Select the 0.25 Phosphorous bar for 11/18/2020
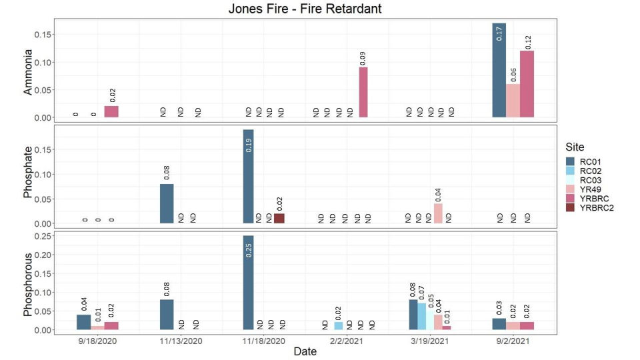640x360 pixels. tap(248, 283)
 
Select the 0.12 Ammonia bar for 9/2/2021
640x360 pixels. tap(527, 84)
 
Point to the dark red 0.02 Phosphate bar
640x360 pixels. tap(279, 218)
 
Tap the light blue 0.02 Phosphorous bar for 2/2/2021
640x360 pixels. tap(339, 325)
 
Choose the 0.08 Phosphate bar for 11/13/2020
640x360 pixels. tap(167, 203)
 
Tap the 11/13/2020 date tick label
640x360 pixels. tap(180, 339)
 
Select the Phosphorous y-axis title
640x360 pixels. tap(28, 284)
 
